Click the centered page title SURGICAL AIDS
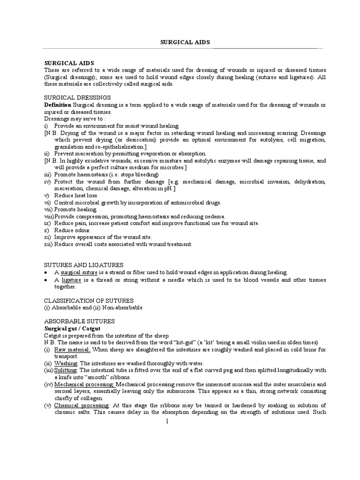pyautogui.click(x=186, y=42)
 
